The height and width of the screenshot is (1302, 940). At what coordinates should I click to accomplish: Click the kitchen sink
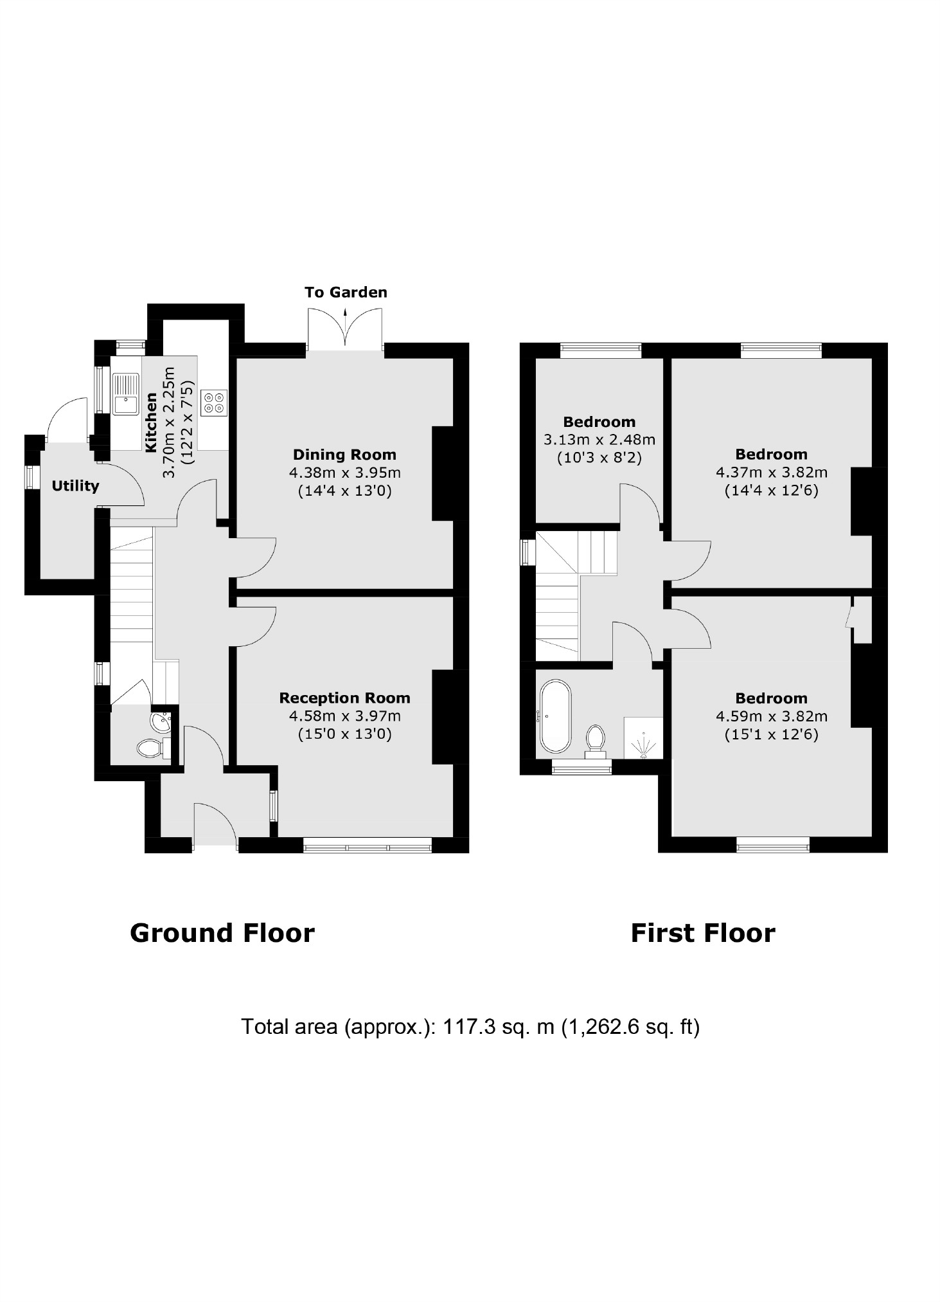[126, 394]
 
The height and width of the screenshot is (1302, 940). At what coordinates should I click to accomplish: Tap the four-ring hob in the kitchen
[214, 402]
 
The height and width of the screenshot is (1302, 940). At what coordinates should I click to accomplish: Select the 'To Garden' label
[346, 293]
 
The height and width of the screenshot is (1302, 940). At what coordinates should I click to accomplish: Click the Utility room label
[75, 486]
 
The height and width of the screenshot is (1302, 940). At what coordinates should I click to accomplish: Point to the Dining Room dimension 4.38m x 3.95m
[344, 473]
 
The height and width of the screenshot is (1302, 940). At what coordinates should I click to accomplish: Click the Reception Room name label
[344, 698]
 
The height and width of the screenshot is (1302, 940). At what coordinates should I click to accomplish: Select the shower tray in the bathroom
[643, 739]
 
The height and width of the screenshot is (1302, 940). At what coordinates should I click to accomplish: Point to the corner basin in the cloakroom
[160, 722]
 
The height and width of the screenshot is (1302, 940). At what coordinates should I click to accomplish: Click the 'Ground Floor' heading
[222, 933]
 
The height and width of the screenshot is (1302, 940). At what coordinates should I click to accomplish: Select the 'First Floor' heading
[703, 933]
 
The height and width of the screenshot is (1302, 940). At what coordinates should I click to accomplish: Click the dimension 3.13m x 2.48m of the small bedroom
[599, 440]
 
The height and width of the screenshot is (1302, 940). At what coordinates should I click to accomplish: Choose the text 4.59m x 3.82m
[771, 716]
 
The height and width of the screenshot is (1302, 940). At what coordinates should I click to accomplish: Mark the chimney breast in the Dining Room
[443, 473]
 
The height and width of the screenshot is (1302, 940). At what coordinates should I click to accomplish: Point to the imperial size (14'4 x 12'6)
[771, 491]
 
